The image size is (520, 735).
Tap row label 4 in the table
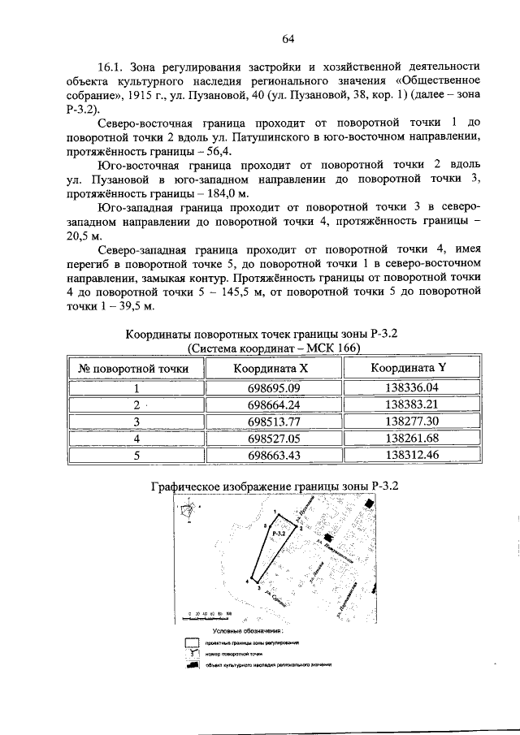pos(137,438)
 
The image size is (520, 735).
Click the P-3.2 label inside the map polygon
pos(278,534)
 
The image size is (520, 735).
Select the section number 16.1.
pos(110,66)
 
